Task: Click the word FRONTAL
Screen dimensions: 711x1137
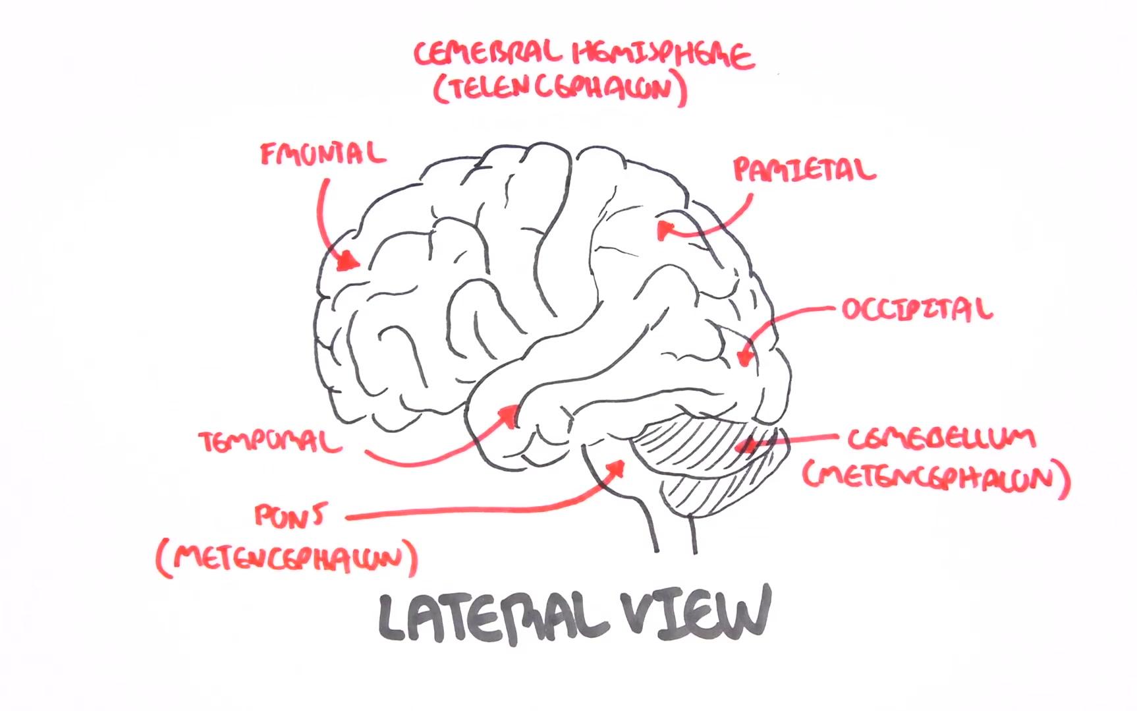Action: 322,154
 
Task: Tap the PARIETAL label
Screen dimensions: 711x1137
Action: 804,170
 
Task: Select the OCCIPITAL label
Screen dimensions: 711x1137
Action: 916,309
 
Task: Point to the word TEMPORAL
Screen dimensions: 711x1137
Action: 271,441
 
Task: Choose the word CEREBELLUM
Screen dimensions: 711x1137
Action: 941,439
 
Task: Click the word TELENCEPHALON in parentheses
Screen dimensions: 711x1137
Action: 560,90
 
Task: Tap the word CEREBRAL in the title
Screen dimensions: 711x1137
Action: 488,55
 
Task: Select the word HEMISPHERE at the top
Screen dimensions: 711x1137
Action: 662,55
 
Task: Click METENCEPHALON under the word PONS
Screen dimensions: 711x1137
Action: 287,559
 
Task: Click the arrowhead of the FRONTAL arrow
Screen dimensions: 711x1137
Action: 347,262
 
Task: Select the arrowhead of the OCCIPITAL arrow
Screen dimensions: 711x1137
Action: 745,358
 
